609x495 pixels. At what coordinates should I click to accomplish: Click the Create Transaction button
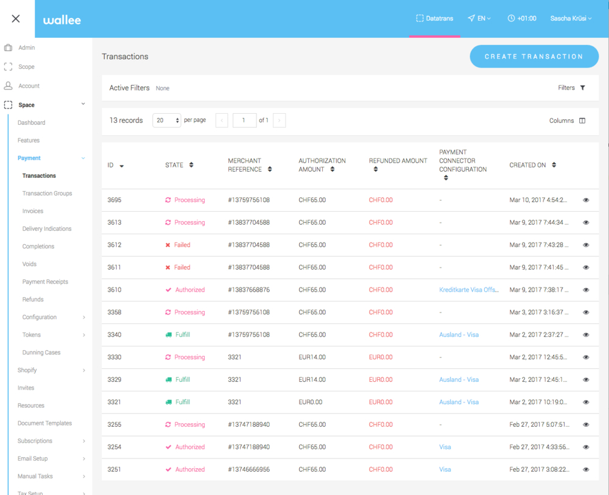pos(534,57)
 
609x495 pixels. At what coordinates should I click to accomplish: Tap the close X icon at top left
pos(16,18)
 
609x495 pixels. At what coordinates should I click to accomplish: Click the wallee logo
pos(62,20)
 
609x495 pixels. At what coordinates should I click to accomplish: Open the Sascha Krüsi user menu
pos(571,18)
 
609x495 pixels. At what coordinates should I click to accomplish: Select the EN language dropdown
pos(480,18)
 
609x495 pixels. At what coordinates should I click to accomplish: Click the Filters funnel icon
pos(583,88)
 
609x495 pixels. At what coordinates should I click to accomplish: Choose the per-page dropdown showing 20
pos(166,121)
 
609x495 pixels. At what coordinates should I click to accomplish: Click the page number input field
pos(244,121)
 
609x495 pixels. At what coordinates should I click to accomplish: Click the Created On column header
pos(528,165)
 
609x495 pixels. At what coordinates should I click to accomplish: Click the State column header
pos(175,165)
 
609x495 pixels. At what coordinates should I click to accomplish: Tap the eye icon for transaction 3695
pos(586,200)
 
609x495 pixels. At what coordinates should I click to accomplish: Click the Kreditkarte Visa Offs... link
pos(469,290)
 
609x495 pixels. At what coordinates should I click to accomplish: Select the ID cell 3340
pos(114,335)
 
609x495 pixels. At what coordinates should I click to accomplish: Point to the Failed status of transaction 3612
pos(182,245)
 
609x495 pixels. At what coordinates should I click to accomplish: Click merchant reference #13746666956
pos(248,469)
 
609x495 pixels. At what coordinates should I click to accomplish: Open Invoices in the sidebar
pos(33,211)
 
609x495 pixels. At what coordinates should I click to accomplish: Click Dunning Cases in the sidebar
pos(41,353)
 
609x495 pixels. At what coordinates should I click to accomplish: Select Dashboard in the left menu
pos(31,122)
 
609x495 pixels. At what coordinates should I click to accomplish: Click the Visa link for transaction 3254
pos(445,447)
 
